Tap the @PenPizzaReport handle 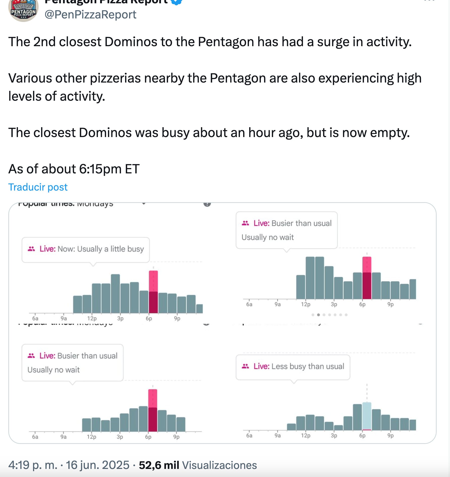click(90, 15)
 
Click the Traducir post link click(38, 187)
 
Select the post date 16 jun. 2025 click(97, 465)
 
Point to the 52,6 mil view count click(159, 465)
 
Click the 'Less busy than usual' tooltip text click(308, 366)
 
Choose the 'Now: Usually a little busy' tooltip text click(101, 249)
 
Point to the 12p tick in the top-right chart click(305, 304)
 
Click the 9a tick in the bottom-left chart click(63, 437)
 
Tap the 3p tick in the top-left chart click(120, 319)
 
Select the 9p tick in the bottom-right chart click(390, 436)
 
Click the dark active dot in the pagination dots click(318, 315)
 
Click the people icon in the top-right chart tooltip click(245, 223)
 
